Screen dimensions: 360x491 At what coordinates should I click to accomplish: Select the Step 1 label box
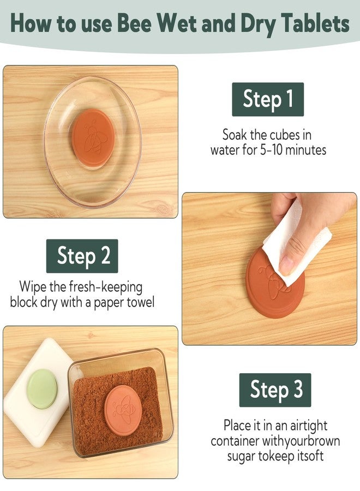(x=268, y=99)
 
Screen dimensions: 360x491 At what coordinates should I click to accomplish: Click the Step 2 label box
(x=82, y=256)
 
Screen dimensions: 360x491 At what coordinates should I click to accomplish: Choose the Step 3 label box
(x=275, y=390)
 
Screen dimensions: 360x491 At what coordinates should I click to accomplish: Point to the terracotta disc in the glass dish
(x=93, y=139)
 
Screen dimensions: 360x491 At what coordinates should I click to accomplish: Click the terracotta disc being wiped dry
(x=275, y=283)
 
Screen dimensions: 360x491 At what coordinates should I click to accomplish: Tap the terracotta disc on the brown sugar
(x=123, y=410)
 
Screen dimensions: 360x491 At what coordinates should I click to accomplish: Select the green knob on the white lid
(x=42, y=388)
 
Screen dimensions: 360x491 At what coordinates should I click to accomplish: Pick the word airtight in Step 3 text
(x=309, y=426)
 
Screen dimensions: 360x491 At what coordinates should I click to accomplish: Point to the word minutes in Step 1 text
(x=306, y=150)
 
